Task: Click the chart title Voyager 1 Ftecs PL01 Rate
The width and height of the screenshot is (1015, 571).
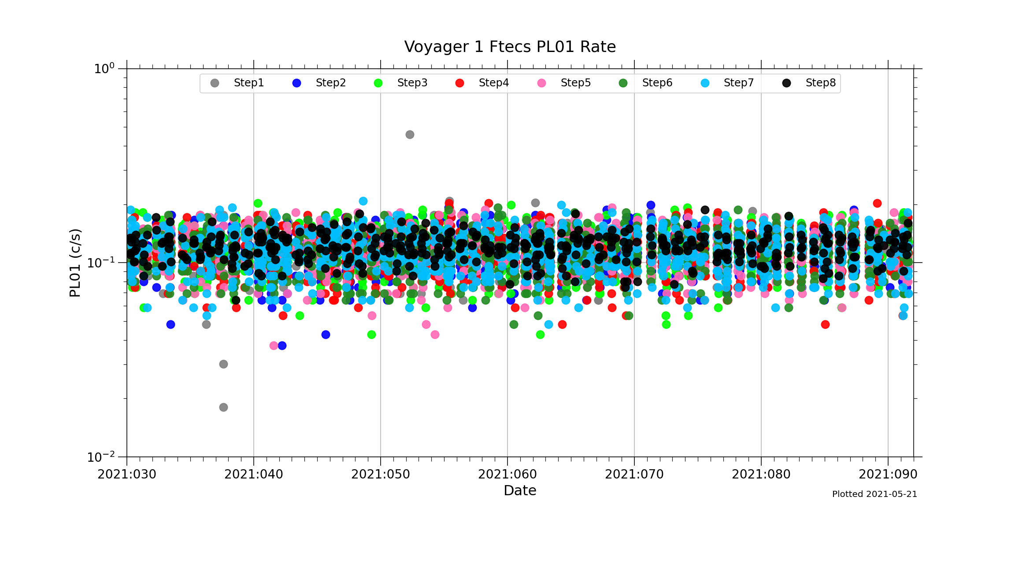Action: (x=510, y=47)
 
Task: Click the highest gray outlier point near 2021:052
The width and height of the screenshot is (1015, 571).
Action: (x=410, y=134)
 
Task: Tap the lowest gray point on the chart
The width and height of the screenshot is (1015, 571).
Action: (x=223, y=407)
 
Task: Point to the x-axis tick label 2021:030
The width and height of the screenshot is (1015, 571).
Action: (x=127, y=475)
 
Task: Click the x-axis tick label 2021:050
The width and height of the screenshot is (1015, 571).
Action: (x=381, y=475)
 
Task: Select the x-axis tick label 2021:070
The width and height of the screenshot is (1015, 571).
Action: (x=634, y=475)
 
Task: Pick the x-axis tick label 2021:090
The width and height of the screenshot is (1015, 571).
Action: (x=888, y=475)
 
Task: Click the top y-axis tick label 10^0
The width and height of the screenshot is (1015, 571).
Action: (x=104, y=69)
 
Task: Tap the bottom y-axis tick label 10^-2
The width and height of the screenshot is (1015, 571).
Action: (x=100, y=457)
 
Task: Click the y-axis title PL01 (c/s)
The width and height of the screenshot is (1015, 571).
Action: (x=75, y=263)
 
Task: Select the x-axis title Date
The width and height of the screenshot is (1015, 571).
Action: (x=520, y=491)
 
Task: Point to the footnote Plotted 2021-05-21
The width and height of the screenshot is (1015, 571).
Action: (x=874, y=494)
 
